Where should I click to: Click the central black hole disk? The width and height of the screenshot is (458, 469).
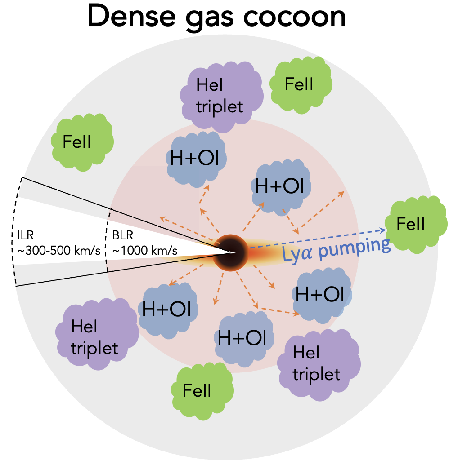[x=229, y=252]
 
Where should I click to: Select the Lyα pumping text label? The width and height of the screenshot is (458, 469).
[x=336, y=250]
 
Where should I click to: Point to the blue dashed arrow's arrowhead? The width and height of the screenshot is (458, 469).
[x=384, y=230]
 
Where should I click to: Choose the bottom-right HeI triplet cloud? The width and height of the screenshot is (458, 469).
[x=317, y=363]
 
